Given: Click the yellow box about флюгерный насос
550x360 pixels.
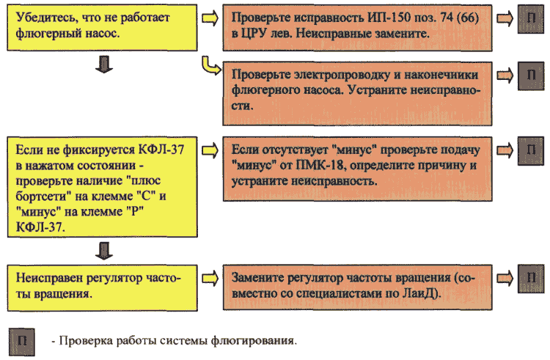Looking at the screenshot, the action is point(102,28).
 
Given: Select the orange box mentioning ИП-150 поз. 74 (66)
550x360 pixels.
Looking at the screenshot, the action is point(357,28).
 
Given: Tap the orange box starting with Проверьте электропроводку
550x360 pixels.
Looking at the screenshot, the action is point(357,94).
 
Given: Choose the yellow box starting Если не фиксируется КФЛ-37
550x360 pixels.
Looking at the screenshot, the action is point(102,187).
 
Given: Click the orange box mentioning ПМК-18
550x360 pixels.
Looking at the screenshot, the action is point(357,169).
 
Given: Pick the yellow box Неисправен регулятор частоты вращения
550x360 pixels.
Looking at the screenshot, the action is point(102,288).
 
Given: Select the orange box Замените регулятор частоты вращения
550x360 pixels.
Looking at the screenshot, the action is point(357,287).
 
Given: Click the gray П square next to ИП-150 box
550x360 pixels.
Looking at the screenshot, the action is point(531,20).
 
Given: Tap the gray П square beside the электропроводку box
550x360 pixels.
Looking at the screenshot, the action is point(531,76).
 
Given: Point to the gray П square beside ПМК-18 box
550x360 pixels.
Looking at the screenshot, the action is point(531,151).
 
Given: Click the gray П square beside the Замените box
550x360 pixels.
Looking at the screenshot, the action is point(531,279).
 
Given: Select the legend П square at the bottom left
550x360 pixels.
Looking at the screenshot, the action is point(22,342).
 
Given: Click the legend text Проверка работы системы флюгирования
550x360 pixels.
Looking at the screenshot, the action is point(175,341).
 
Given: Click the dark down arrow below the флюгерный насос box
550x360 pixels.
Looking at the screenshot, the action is point(104,65).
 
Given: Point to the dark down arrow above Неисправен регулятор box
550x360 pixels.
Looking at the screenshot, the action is point(104,251).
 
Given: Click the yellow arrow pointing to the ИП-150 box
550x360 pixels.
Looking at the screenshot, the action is point(210,18).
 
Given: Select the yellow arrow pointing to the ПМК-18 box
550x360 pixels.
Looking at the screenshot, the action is point(210,151).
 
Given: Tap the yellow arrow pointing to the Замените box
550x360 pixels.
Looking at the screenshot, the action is point(210,279).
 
